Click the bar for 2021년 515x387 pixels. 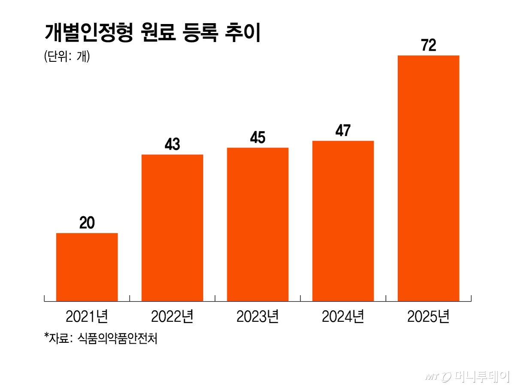coord(87,266)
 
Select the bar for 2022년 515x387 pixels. coord(172,227)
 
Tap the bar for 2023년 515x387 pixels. coord(257,224)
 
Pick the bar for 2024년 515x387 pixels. coord(343,221)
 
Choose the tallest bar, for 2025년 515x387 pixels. coord(428,178)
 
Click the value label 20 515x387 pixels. coord(87,223)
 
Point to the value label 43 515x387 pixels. coord(172,145)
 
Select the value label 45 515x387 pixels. coord(257,138)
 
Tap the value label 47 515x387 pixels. coord(343,131)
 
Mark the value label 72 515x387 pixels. coord(428,45)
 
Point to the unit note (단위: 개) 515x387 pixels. coord(67,57)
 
